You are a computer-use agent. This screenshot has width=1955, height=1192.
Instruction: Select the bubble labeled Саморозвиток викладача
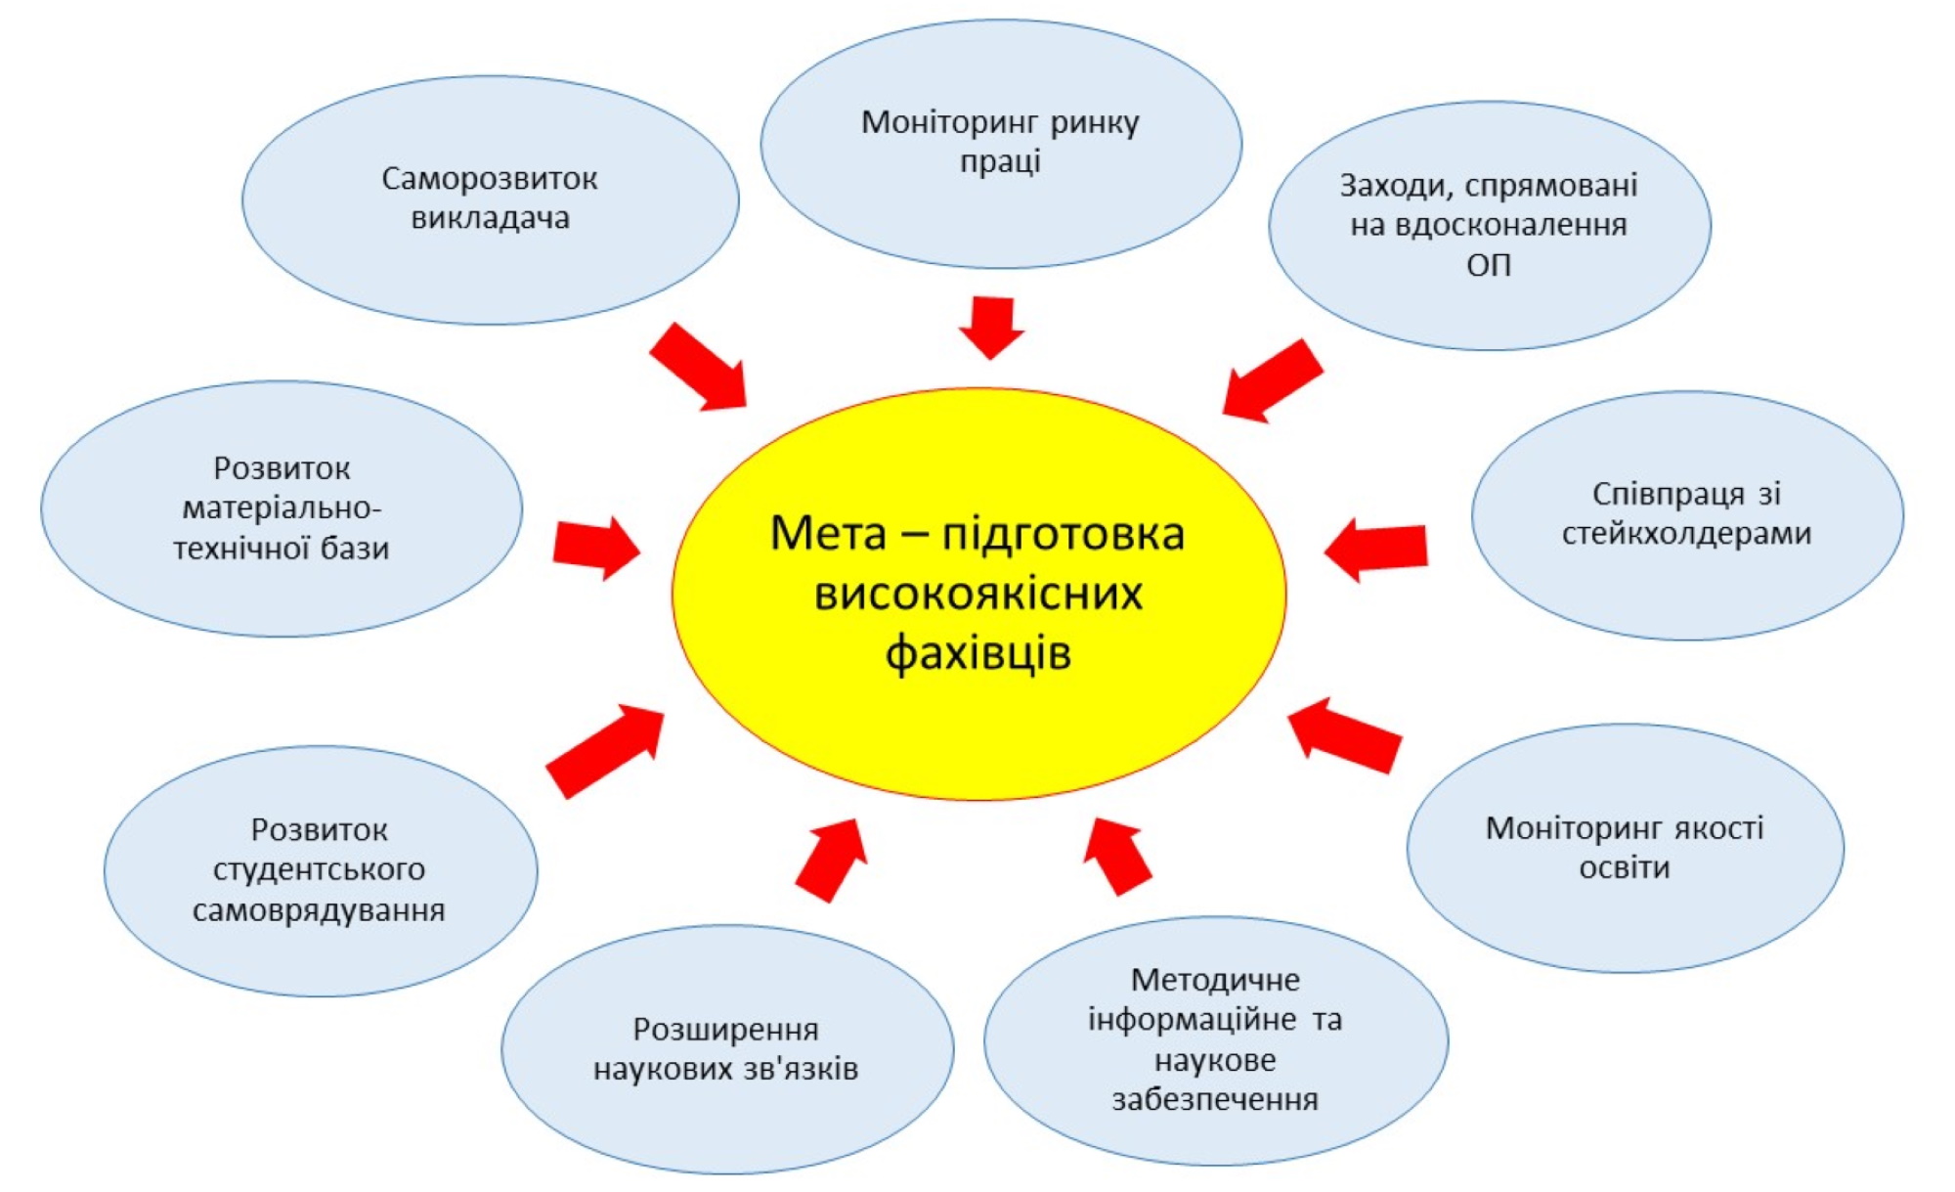pos(490,199)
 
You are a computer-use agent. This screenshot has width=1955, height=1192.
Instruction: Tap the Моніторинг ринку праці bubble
pos(1000,143)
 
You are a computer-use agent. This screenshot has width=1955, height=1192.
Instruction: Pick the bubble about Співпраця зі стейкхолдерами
pos(1686,515)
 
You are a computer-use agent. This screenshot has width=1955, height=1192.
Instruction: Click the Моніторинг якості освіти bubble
pos(1625,848)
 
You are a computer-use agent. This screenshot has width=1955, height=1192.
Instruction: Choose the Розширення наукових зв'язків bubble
pos(726,1049)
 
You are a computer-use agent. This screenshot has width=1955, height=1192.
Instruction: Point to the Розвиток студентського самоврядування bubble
pos(320,870)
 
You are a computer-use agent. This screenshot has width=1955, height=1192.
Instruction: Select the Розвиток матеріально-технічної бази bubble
pos(282,508)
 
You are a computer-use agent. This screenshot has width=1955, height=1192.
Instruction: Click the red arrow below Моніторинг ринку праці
pos(991,327)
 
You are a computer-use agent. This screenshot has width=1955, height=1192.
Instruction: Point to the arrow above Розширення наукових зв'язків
pos(832,858)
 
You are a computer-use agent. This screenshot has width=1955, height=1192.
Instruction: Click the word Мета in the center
pos(828,534)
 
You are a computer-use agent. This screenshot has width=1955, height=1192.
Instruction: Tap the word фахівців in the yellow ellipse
pos(977,653)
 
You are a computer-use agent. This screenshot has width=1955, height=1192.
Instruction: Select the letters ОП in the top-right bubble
pos(1488,265)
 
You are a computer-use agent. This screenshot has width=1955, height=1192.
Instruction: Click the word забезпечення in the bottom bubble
pos(1215,1100)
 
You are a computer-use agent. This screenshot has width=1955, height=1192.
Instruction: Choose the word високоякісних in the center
pos(977,594)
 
